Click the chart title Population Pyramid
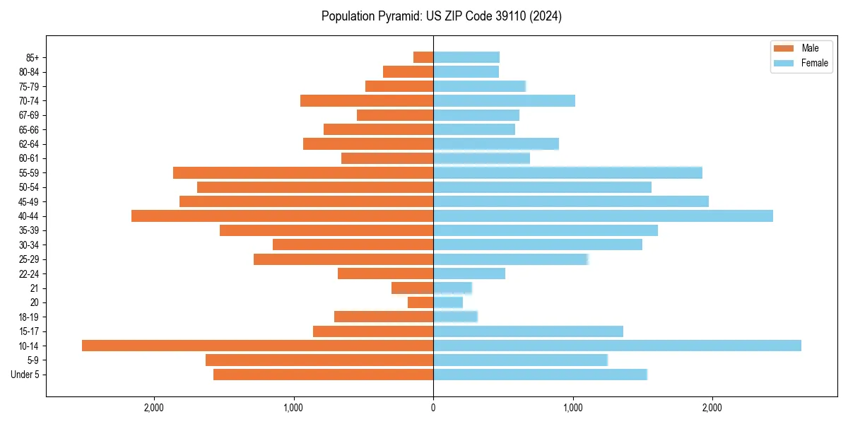pyautogui.click(x=441, y=16)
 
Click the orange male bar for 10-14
pyautogui.click(x=257, y=346)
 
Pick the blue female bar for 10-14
pyautogui.click(x=617, y=346)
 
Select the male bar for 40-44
pyautogui.click(x=282, y=216)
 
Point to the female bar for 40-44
pyautogui.click(x=603, y=216)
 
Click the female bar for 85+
pyautogui.click(x=466, y=57)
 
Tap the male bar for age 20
pyautogui.click(x=420, y=302)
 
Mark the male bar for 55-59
pyautogui.click(x=303, y=172)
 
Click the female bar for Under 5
pyautogui.click(x=540, y=375)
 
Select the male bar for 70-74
pyautogui.click(x=367, y=100)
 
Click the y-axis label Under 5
pyautogui.click(x=25, y=375)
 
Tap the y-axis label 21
pyautogui.click(x=34, y=288)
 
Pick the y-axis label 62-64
pyautogui.click(x=28, y=143)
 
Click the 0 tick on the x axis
pyautogui.click(x=433, y=407)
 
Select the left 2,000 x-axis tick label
pyautogui.click(x=153, y=407)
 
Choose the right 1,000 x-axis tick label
pyautogui.click(x=572, y=407)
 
